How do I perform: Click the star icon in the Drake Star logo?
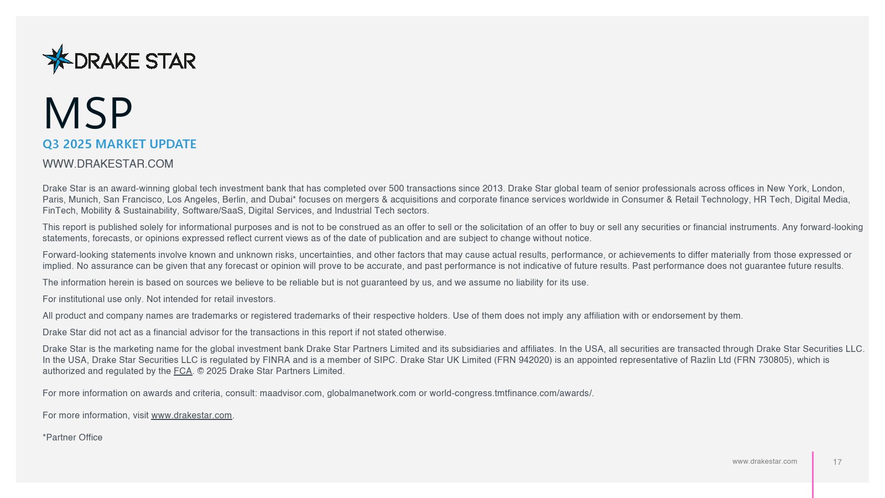tap(57, 59)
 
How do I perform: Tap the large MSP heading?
tap(88, 113)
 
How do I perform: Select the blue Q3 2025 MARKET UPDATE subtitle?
tap(119, 144)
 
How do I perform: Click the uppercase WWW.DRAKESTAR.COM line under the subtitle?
tap(108, 164)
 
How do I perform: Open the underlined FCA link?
tap(183, 371)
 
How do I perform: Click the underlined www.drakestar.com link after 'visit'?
tap(191, 416)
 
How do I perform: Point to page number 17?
tap(837, 462)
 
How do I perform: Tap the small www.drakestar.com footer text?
tap(764, 461)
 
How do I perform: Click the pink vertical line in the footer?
tap(813, 474)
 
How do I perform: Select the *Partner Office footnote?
tap(72, 438)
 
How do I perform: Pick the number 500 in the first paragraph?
tap(396, 189)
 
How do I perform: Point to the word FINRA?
tap(276, 360)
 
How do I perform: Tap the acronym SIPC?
tap(383, 360)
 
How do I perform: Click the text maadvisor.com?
tap(291, 393)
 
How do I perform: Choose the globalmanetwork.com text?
tap(371, 393)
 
